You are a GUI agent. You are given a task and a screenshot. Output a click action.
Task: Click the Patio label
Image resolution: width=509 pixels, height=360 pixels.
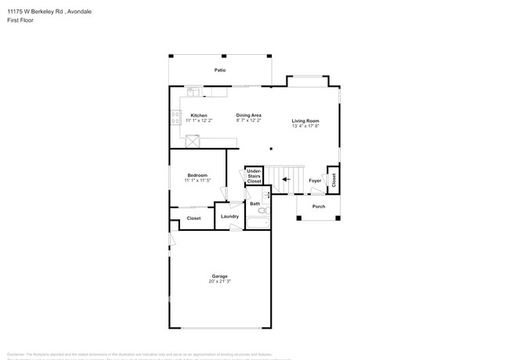coord(221,70)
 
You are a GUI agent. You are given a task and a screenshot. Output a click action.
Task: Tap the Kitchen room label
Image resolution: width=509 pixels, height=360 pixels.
coord(199,116)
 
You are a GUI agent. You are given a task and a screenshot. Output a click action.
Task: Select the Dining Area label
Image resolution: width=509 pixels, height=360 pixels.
coord(249,116)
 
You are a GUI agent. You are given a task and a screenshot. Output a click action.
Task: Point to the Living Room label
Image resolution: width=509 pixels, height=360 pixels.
coord(305,121)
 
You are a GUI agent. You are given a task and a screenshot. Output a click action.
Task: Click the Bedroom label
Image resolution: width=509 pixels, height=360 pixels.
coord(197,175)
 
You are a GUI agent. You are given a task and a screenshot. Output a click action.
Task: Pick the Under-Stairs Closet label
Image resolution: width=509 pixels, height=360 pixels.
coord(254,175)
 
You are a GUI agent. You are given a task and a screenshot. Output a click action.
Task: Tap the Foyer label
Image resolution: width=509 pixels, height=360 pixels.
coord(315,180)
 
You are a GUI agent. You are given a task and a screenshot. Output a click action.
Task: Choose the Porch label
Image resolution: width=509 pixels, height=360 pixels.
coord(319,207)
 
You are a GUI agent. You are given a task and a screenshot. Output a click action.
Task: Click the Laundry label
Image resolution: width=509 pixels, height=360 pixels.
coord(229,216)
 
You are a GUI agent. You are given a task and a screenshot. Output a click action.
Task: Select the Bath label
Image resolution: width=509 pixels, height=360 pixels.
coord(254,203)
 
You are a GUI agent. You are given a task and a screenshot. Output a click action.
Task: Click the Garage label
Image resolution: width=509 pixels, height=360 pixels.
coord(219,275)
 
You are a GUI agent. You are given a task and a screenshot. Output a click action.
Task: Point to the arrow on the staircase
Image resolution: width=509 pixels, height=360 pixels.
coord(286,179)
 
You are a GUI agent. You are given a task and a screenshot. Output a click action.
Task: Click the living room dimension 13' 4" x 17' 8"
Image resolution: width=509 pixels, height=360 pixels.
coord(305,126)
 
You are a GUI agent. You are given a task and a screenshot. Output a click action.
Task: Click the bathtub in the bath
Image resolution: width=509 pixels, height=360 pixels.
coord(258,224)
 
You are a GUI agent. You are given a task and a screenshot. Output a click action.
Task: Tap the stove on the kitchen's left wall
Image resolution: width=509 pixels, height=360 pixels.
coord(175,118)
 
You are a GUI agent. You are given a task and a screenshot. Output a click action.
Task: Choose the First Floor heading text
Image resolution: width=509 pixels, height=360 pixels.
coord(20,20)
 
